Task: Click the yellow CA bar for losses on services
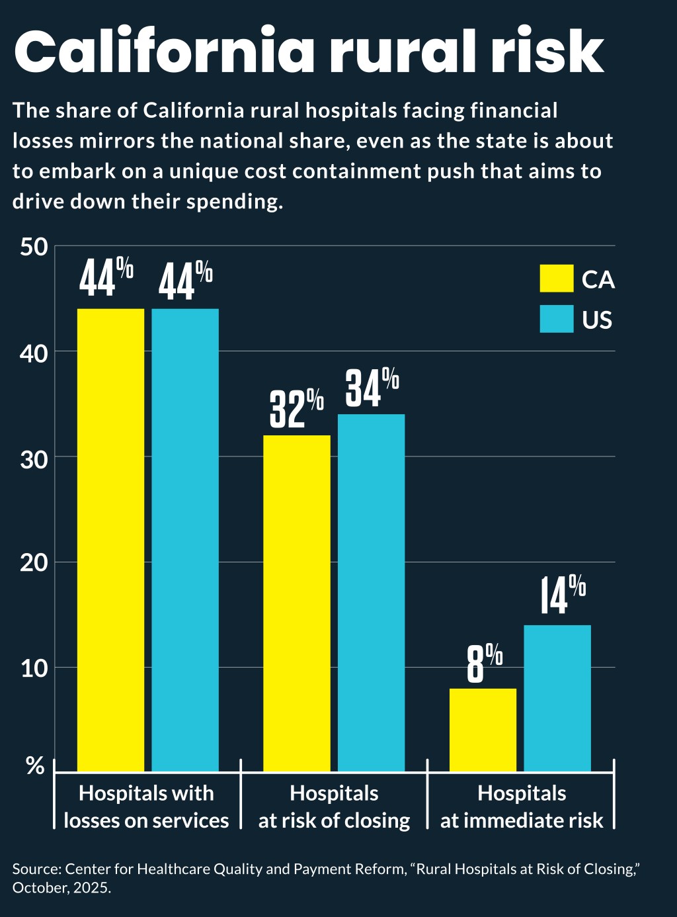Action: click(x=111, y=539)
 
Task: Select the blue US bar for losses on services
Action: click(x=185, y=539)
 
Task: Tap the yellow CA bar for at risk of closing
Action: click(x=297, y=603)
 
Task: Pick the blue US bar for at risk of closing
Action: click(x=371, y=592)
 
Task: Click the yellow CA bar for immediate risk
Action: click(x=483, y=730)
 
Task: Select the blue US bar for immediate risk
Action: click(x=557, y=698)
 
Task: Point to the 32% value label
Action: click(x=296, y=409)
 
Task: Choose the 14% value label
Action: click(x=562, y=595)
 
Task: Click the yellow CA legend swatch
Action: click(x=556, y=279)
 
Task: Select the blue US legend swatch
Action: click(x=556, y=319)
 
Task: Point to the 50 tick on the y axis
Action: click(x=34, y=247)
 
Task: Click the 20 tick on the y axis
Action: click(x=34, y=563)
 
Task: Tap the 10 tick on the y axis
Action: click(x=34, y=668)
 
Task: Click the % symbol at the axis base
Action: click(x=35, y=766)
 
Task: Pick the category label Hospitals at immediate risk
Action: click(x=522, y=807)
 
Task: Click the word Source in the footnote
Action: click(x=36, y=869)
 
